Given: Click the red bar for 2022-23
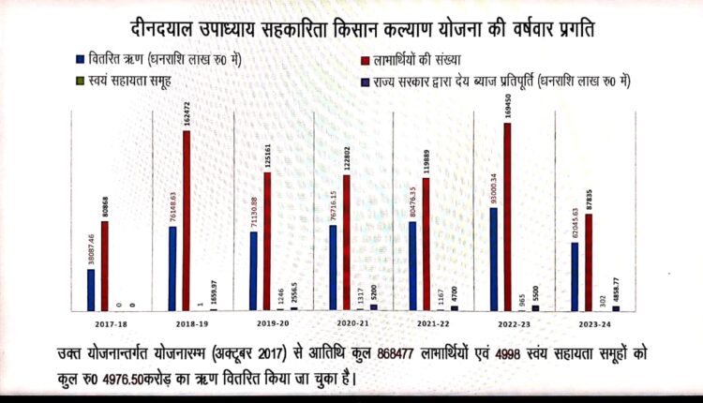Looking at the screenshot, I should coord(507,216).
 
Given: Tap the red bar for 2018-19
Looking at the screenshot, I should coord(187,220).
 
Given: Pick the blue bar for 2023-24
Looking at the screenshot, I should coord(575,276).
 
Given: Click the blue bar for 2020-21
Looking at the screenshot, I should coord(333,267).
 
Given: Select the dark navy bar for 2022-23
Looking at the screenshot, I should coord(535,306).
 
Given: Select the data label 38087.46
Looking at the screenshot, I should coord(90,247).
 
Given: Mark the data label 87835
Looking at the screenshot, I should coord(589,198).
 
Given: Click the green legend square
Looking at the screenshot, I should coord(81,82).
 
